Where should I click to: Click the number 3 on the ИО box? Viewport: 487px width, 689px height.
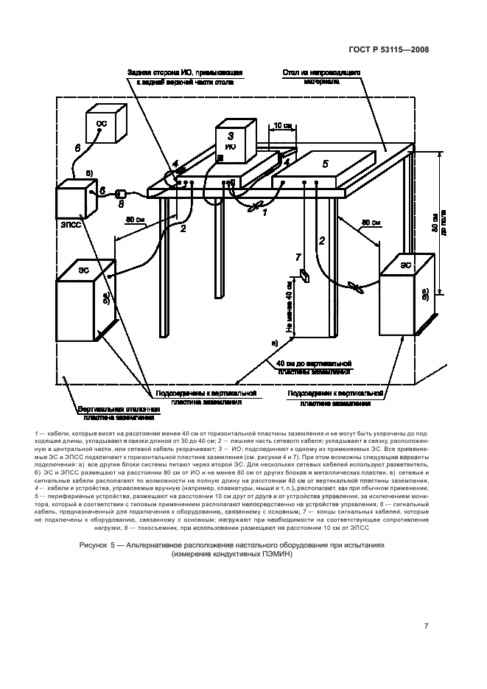[230, 136]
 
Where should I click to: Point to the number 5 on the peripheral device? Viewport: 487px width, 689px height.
[326, 161]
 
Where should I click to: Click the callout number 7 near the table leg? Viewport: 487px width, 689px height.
[298, 256]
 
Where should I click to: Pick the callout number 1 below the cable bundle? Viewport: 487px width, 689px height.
[264, 211]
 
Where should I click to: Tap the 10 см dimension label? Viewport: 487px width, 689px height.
[282, 126]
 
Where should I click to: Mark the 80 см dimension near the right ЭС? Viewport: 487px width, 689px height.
[371, 222]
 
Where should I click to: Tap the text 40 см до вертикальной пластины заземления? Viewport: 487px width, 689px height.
[314, 368]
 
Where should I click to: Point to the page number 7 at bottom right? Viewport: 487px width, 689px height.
[427, 626]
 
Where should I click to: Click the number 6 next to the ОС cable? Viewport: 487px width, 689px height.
[77, 148]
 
